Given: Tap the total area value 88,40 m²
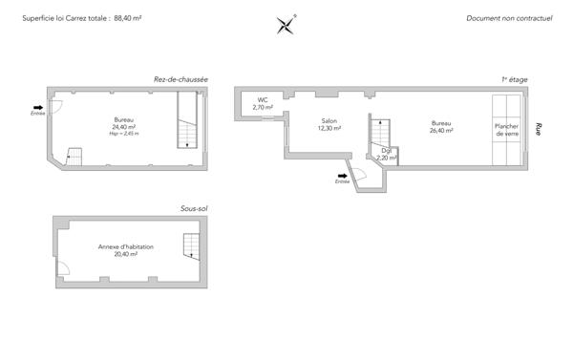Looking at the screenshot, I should pyautogui.click(x=128, y=18).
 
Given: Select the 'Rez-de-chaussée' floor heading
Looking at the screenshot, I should pyautogui.click(x=181, y=78).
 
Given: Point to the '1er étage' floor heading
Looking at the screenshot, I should pyautogui.click(x=515, y=78).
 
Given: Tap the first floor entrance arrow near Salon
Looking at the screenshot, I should pyautogui.click(x=342, y=176).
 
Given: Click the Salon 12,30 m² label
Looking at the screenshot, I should pyautogui.click(x=329, y=125).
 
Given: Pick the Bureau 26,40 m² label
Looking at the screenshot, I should pyautogui.click(x=440, y=126).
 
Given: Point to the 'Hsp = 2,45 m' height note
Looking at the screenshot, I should pyautogui.click(x=124, y=134).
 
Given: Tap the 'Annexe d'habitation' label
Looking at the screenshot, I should pyautogui.click(x=126, y=250).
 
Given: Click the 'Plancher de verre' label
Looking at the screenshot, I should pyautogui.click(x=506, y=130).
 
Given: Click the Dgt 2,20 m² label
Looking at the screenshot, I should pyautogui.click(x=387, y=154).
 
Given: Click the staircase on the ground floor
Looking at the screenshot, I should pyautogui.click(x=187, y=124).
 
